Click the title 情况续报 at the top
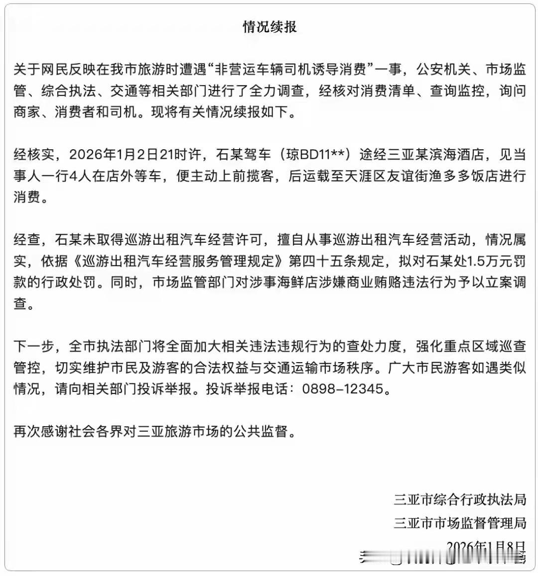(x=269, y=26)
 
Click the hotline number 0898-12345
(x=343, y=388)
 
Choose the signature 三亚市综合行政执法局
(x=460, y=499)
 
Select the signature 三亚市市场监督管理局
(x=460, y=523)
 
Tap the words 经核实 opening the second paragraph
(x=34, y=154)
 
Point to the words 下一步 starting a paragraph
(x=34, y=346)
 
